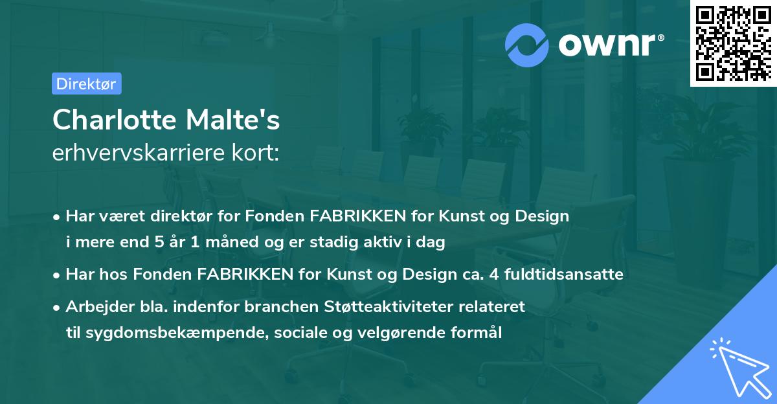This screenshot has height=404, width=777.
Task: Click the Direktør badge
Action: click(86, 84)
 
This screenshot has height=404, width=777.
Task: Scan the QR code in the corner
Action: click(732, 43)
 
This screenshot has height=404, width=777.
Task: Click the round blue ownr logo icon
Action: click(527, 45)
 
